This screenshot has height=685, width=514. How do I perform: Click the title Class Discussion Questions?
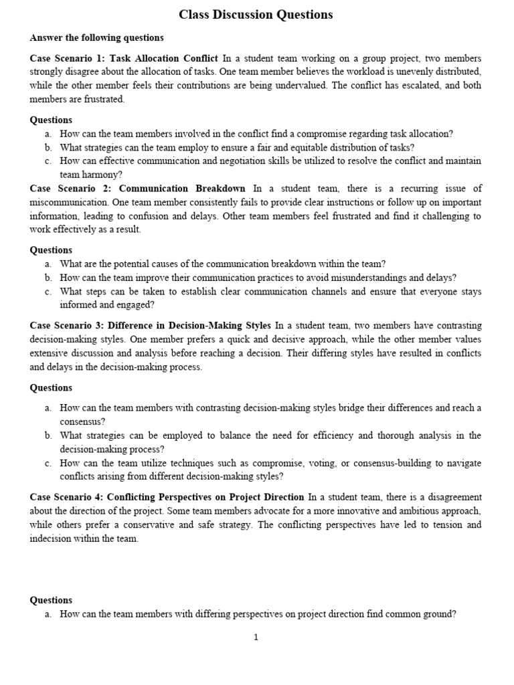coord(256,15)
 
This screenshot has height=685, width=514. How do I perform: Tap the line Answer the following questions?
coord(96,37)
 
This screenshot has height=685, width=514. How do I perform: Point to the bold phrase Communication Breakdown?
coord(182,189)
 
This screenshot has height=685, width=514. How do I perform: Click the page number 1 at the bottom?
coord(256,638)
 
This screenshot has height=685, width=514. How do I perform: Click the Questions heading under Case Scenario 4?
coord(51,600)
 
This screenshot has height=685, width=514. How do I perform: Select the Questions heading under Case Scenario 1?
coord(51,120)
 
